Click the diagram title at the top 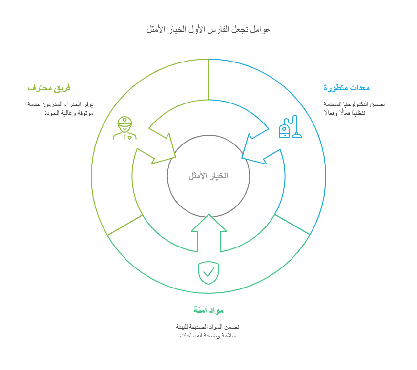click(x=208, y=30)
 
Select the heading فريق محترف click(x=49, y=88)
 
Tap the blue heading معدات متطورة click(x=346, y=88)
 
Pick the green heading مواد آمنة click(x=208, y=310)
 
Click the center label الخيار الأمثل click(x=208, y=176)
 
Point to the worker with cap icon click(x=125, y=128)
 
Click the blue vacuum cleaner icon click(x=290, y=127)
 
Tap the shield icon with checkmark click(x=208, y=272)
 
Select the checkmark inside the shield click(x=208, y=272)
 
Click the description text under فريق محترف click(x=61, y=108)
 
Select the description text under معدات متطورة click(x=354, y=108)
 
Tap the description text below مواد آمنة click(x=208, y=331)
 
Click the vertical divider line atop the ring click(x=208, y=79)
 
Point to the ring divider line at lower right click(x=292, y=225)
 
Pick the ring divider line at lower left click(x=125, y=225)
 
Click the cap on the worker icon click(x=125, y=121)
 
